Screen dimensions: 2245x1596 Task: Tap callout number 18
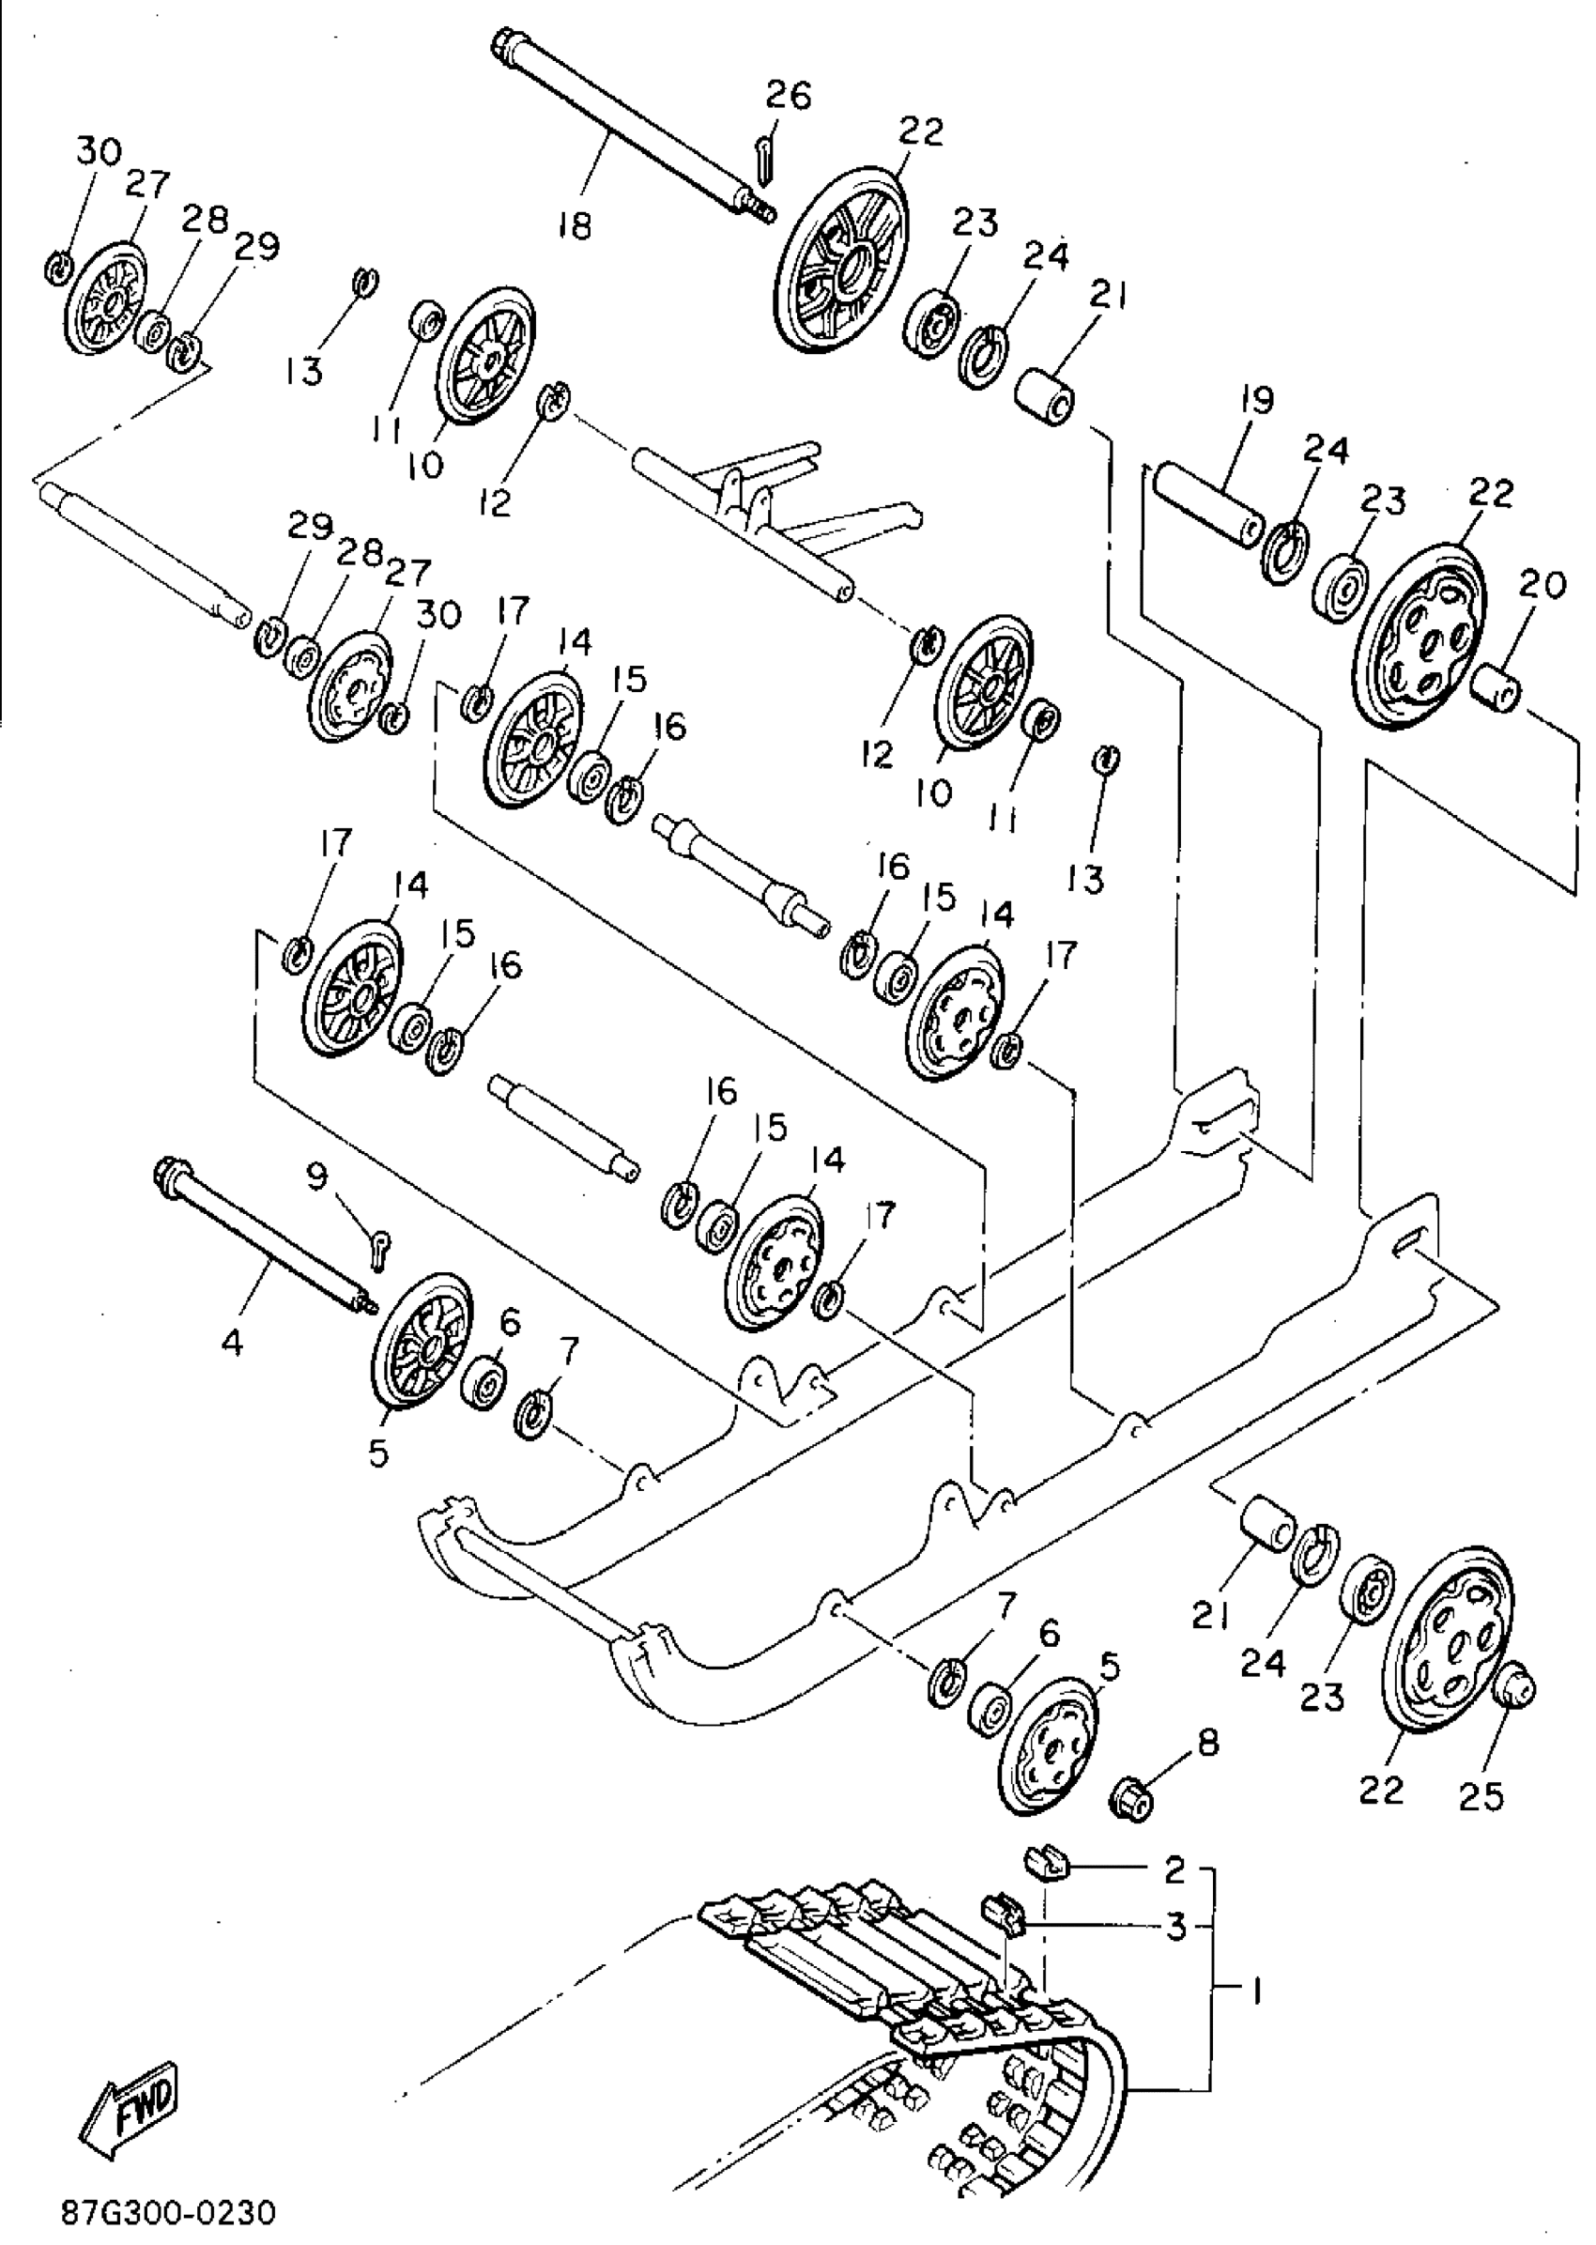(x=574, y=227)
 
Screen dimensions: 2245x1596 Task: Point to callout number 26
(x=789, y=97)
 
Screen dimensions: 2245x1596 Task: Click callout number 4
(x=232, y=1342)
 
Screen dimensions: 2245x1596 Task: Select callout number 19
(x=1256, y=400)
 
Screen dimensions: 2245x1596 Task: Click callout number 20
(x=1541, y=586)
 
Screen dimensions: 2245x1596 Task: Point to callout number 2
(x=1174, y=1870)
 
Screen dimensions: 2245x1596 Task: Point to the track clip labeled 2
(x=1045, y=1861)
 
